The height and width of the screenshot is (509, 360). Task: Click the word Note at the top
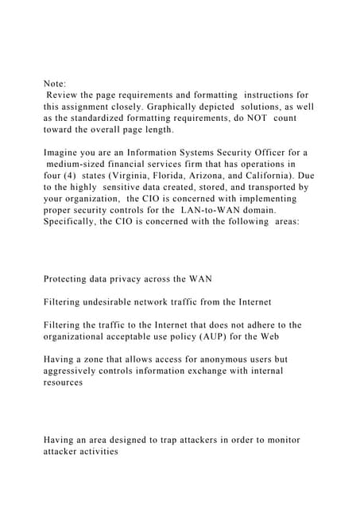(55, 82)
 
